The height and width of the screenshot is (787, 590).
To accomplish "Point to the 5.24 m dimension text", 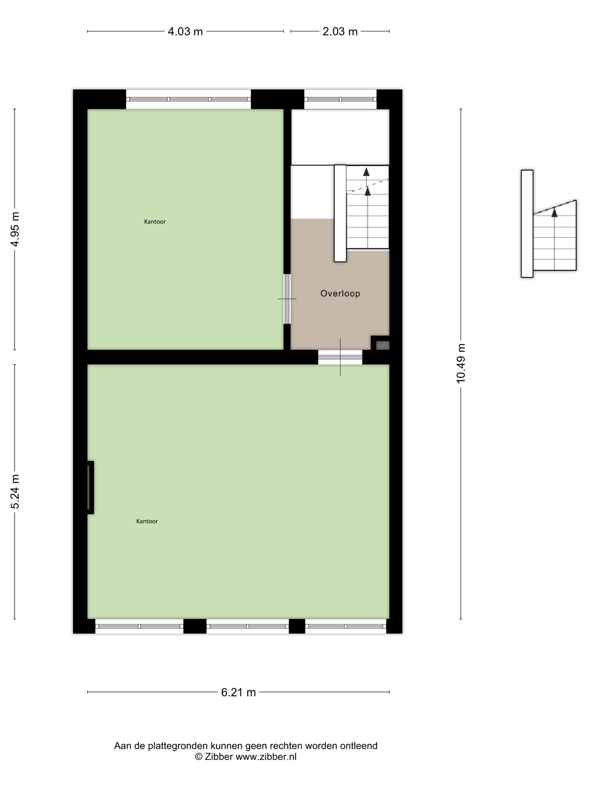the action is [15, 491].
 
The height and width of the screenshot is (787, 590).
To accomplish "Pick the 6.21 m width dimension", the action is [238, 692].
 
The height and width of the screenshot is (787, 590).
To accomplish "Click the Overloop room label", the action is [340, 293].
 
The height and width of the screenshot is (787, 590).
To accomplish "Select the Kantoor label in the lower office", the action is [147, 521].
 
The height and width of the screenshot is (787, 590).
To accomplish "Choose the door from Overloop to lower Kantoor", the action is [340, 357].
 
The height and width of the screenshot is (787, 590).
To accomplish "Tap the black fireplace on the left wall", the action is [90, 487].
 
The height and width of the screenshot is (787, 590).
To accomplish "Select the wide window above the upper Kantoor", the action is [189, 99].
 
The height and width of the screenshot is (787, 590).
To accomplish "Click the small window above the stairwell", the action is [340, 99].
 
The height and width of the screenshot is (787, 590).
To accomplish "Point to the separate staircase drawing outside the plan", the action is [548, 223].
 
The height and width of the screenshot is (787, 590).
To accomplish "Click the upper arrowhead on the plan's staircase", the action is [366, 171].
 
